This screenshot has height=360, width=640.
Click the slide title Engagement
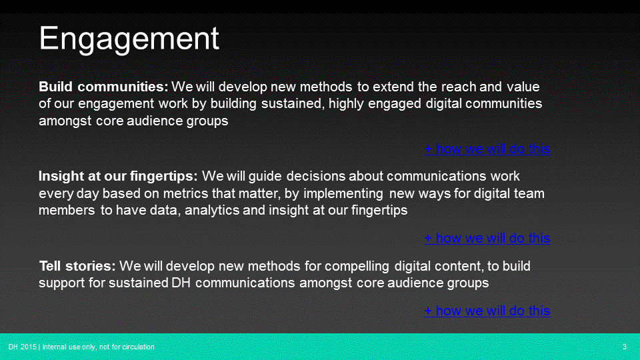[129, 39]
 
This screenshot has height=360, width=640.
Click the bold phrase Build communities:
[103, 87]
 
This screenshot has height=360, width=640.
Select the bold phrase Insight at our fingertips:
[118, 177]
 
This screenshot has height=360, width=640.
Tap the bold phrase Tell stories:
[77, 266]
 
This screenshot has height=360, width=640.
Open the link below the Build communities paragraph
[487, 149]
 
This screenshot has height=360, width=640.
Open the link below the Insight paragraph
[487, 238]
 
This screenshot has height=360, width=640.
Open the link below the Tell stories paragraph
[487, 311]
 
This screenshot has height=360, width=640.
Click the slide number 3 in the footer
[624, 347]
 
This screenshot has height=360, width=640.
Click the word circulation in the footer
[139, 347]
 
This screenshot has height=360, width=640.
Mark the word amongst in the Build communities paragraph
[66, 121]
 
